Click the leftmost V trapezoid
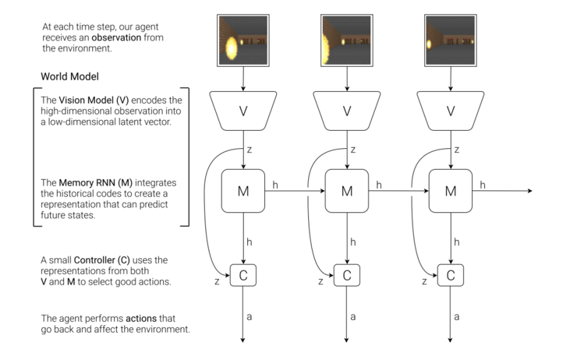click(242, 111)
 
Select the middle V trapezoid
click(347, 111)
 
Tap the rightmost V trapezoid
click(450, 111)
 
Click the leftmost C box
click(242, 274)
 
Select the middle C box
click(347, 274)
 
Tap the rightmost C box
click(450, 274)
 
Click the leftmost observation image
click(242, 40)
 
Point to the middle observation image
click(347, 40)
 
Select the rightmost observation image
click(450, 40)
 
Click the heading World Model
click(69, 77)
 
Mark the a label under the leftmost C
click(250, 316)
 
